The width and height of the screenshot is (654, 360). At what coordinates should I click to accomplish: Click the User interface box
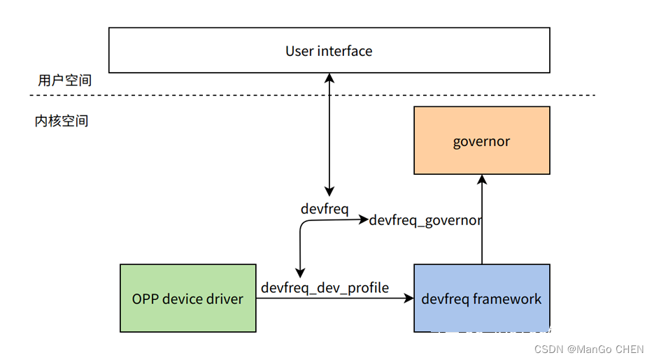329,50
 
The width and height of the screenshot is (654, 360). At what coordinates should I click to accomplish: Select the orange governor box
481,141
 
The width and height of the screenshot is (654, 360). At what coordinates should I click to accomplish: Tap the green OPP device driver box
187,298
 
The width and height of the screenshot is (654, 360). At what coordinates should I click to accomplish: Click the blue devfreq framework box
481,298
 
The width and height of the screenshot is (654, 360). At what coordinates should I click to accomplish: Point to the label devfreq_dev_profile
325,287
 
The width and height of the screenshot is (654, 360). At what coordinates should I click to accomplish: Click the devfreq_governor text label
425,220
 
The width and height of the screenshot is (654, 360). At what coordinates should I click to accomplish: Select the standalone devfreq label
325,208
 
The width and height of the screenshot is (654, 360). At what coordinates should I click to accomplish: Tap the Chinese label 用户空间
64,80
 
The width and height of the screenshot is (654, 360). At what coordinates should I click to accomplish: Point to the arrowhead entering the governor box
481,180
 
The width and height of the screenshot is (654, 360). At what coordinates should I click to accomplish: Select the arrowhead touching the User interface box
329,77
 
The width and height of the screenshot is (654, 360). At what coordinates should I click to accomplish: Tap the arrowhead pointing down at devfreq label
329,192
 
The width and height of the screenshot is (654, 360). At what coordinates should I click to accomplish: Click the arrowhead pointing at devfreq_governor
363,219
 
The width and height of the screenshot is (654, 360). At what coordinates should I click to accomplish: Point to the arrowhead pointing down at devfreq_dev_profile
300,273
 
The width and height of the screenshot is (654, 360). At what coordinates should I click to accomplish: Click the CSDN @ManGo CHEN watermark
589,349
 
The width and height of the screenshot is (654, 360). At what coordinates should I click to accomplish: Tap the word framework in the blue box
507,298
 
